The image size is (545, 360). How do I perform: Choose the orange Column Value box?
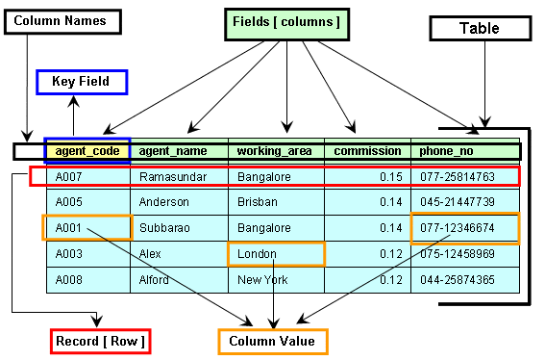pos(273,341)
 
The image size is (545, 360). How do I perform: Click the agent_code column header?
pos(87,151)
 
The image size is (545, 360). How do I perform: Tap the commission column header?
pos(366,151)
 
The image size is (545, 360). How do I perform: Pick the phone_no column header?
pos(445,151)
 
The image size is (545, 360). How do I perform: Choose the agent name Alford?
pos(156,280)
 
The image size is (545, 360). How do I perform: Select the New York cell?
pos(261,280)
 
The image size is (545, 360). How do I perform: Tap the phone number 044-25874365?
pos(458,280)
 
